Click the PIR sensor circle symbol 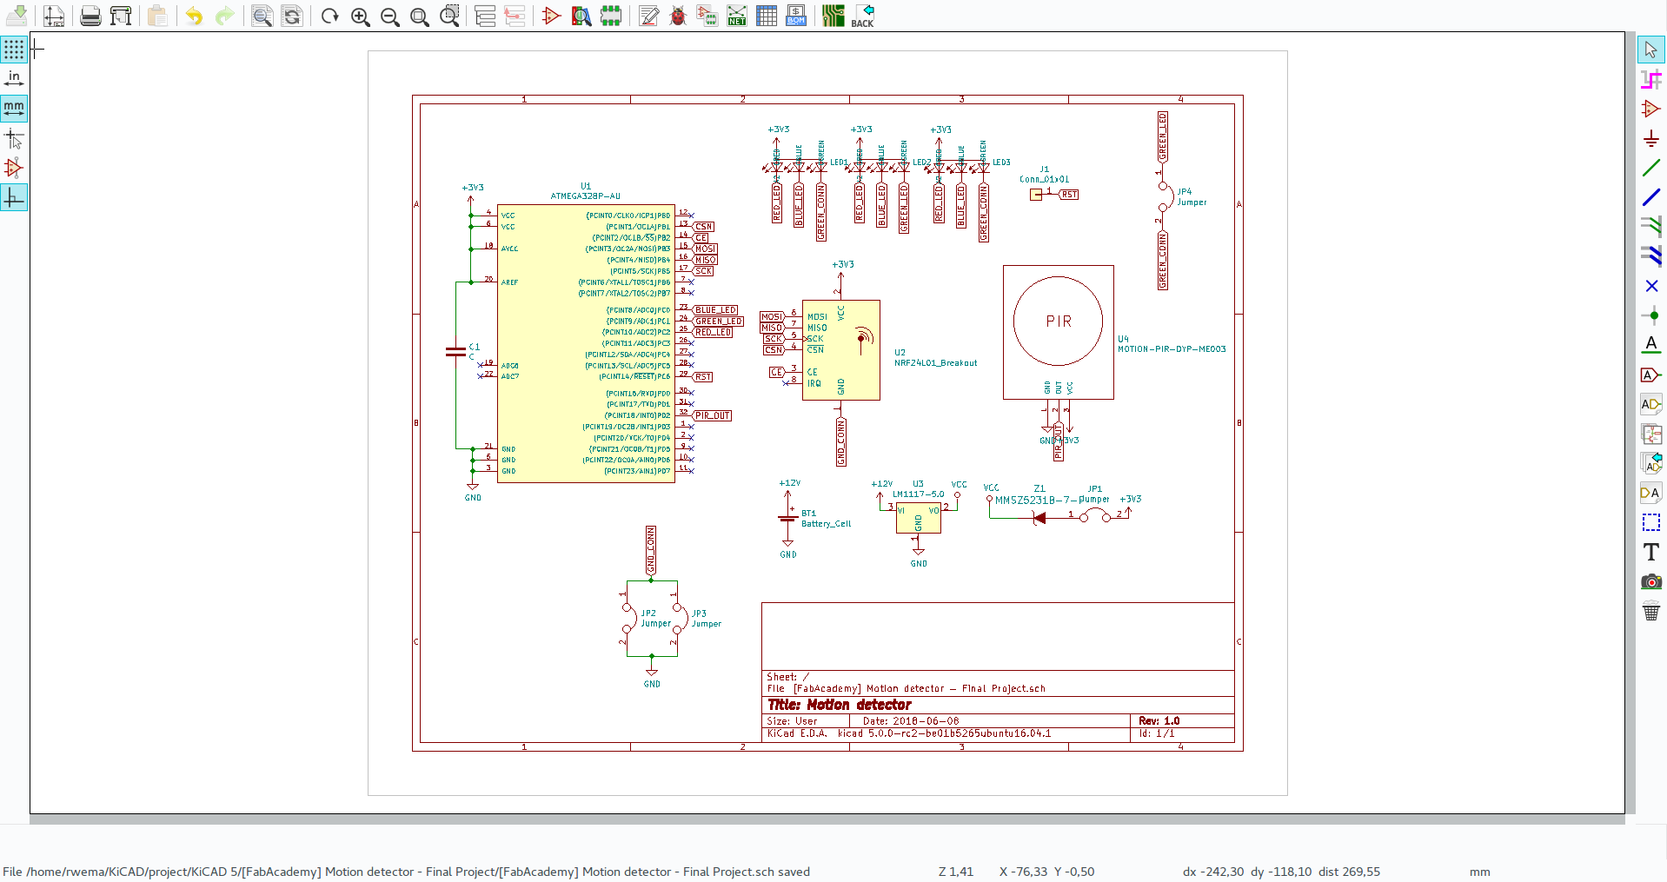click(x=1058, y=322)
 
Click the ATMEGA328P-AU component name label click(x=585, y=196)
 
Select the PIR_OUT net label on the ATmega click(x=713, y=416)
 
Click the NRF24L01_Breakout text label click(x=935, y=363)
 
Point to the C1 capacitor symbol click(x=455, y=352)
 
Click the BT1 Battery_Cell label click(x=825, y=519)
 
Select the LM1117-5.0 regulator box click(x=918, y=518)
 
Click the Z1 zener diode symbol click(x=1039, y=518)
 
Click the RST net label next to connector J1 click(x=1069, y=195)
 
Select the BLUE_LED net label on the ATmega click(x=715, y=310)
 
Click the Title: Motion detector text click(x=839, y=705)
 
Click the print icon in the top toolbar click(x=90, y=16)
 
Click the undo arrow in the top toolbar click(x=194, y=16)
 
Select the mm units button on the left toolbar click(x=14, y=108)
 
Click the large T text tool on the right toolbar click(x=1650, y=552)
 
